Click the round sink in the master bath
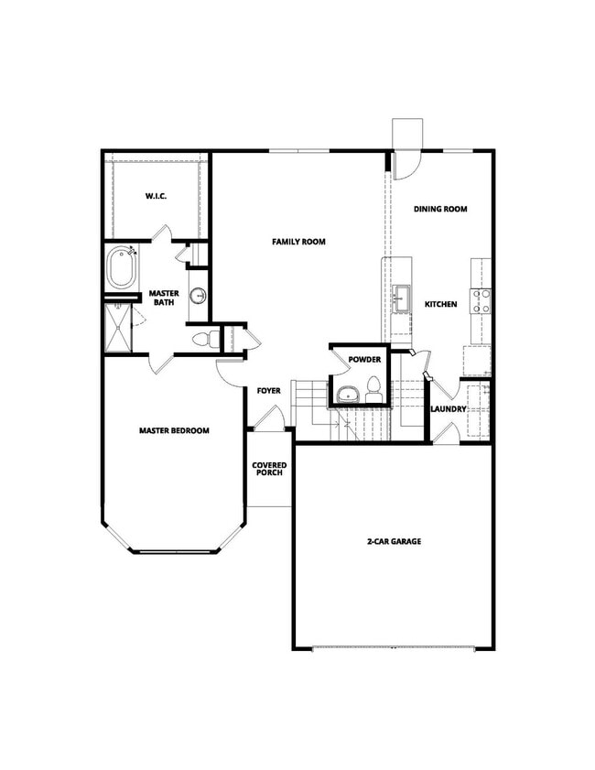(199, 296)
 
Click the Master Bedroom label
(175, 430)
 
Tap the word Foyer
(268, 391)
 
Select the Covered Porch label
(268, 469)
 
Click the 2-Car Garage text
(394, 542)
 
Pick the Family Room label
(298, 242)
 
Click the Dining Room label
(440, 209)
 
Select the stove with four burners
(481, 300)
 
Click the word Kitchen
(440, 304)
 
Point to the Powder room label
(363, 360)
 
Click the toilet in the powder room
(373, 385)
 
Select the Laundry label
(449, 408)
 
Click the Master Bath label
(163, 298)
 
